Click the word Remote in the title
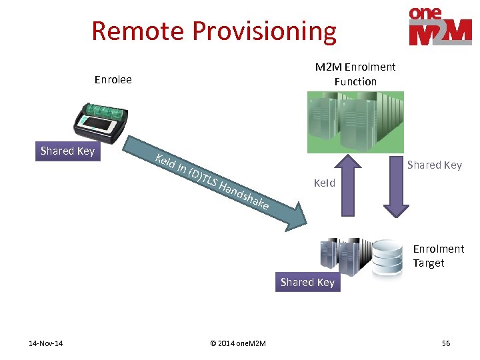click(138, 31)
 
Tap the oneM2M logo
click(439, 27)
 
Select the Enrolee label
click(113, 80)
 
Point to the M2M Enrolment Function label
click(355, 74)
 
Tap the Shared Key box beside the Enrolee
click(67, 151)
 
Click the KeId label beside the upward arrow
click(325, 183)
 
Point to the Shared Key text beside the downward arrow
click(434, 165)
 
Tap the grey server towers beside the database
click(343, 254)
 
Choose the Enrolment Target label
click(438, 256)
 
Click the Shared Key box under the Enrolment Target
click(307, 283)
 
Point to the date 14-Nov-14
click(46, 343)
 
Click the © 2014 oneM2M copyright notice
click(237, 343)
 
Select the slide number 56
click(446, 343)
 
